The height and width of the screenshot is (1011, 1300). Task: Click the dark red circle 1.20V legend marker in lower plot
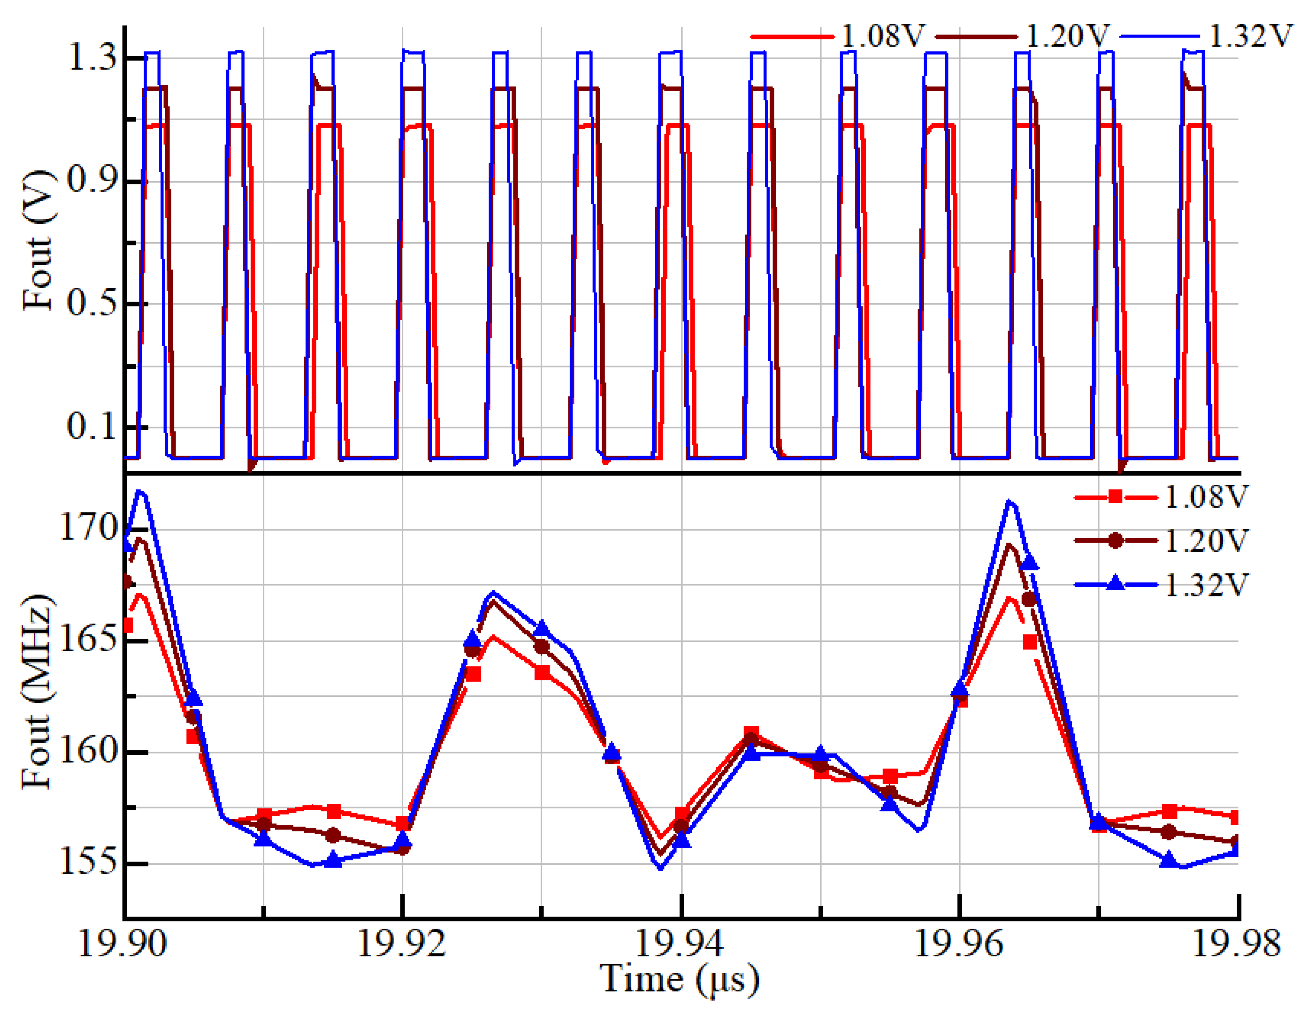click(x=1116, y=540)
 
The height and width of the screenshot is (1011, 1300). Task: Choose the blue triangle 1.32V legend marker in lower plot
click(x=1116, y=584)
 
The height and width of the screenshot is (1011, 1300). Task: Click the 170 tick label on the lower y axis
click(x=88, y=529)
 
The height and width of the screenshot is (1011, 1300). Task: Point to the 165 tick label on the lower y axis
click(x=88, y=641)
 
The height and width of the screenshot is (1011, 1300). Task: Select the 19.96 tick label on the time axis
click(x=959, y=943)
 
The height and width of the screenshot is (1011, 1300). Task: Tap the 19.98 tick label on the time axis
click(x=1237, y=943)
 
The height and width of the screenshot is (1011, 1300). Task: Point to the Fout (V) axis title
click(x=37, y=241)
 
